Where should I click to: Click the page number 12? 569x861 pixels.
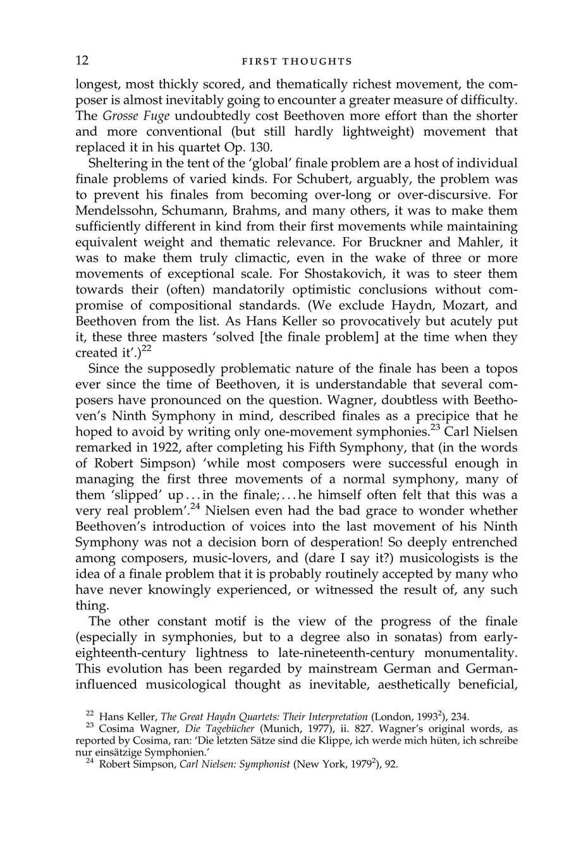(82, 61)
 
